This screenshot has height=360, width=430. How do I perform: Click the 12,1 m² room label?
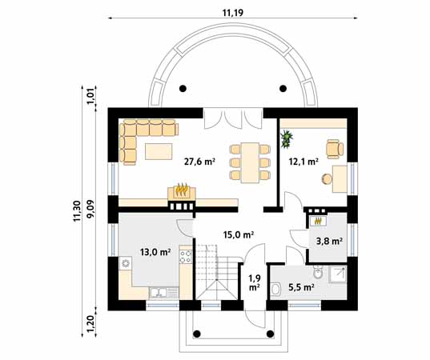tap(303, 161)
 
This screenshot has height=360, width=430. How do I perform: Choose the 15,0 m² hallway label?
tap(238, 234)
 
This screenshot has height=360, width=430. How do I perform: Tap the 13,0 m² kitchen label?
tap(155, 252)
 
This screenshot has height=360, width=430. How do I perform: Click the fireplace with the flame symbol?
tap(182, 191)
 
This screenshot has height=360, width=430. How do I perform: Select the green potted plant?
tap(286, 140)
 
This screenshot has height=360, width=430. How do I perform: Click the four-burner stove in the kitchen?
tap(185, 257)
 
